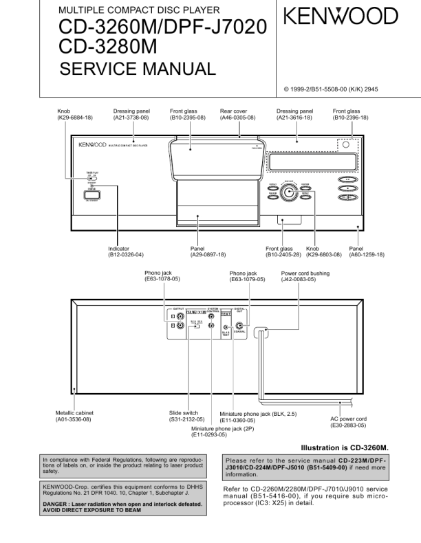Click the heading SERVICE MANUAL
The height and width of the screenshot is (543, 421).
[138, 69]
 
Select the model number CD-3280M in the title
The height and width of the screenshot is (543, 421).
[109, 47]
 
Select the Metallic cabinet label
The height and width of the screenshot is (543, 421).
[73, 412]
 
